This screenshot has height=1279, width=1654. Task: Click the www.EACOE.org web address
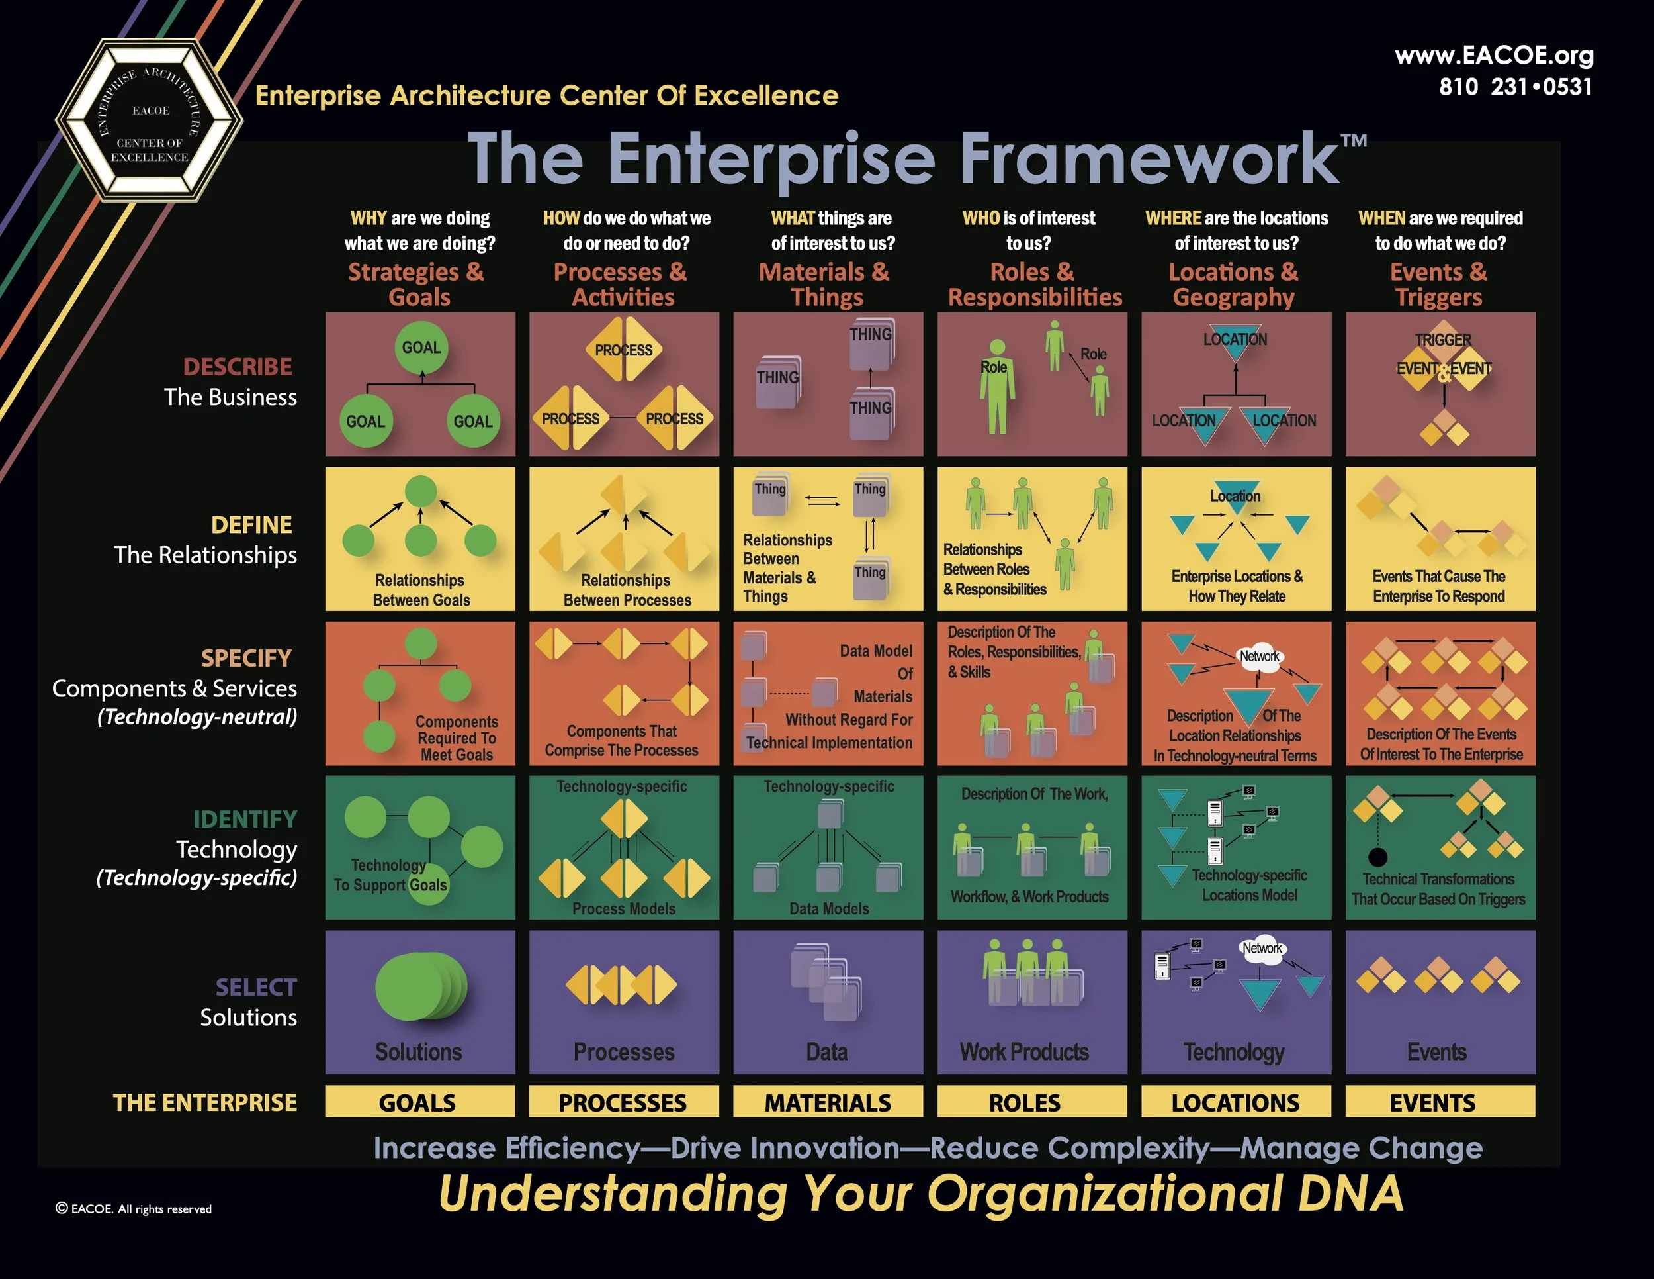coord(1493,56)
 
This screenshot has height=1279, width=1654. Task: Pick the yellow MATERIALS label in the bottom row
coord(828,1102)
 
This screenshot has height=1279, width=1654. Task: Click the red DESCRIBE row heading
coord(237,367)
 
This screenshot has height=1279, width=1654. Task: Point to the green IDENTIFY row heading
coord(245,819)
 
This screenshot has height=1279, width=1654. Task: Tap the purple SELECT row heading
coord(256,987)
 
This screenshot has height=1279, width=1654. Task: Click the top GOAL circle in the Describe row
coord(421,348)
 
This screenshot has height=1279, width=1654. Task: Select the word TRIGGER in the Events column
coord(1443,340)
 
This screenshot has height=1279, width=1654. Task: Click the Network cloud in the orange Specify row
coord(1258,656)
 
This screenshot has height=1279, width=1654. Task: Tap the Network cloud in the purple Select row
coord(1262,949)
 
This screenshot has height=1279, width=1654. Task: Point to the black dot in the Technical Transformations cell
coord(1377,857)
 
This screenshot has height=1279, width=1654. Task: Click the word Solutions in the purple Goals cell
coord(419,1052)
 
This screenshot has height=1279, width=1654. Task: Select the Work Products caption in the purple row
coord(1024,1052)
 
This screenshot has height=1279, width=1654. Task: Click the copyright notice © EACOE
coord(134,1209)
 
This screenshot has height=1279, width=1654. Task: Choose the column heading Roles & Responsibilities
coord(1035,284)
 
